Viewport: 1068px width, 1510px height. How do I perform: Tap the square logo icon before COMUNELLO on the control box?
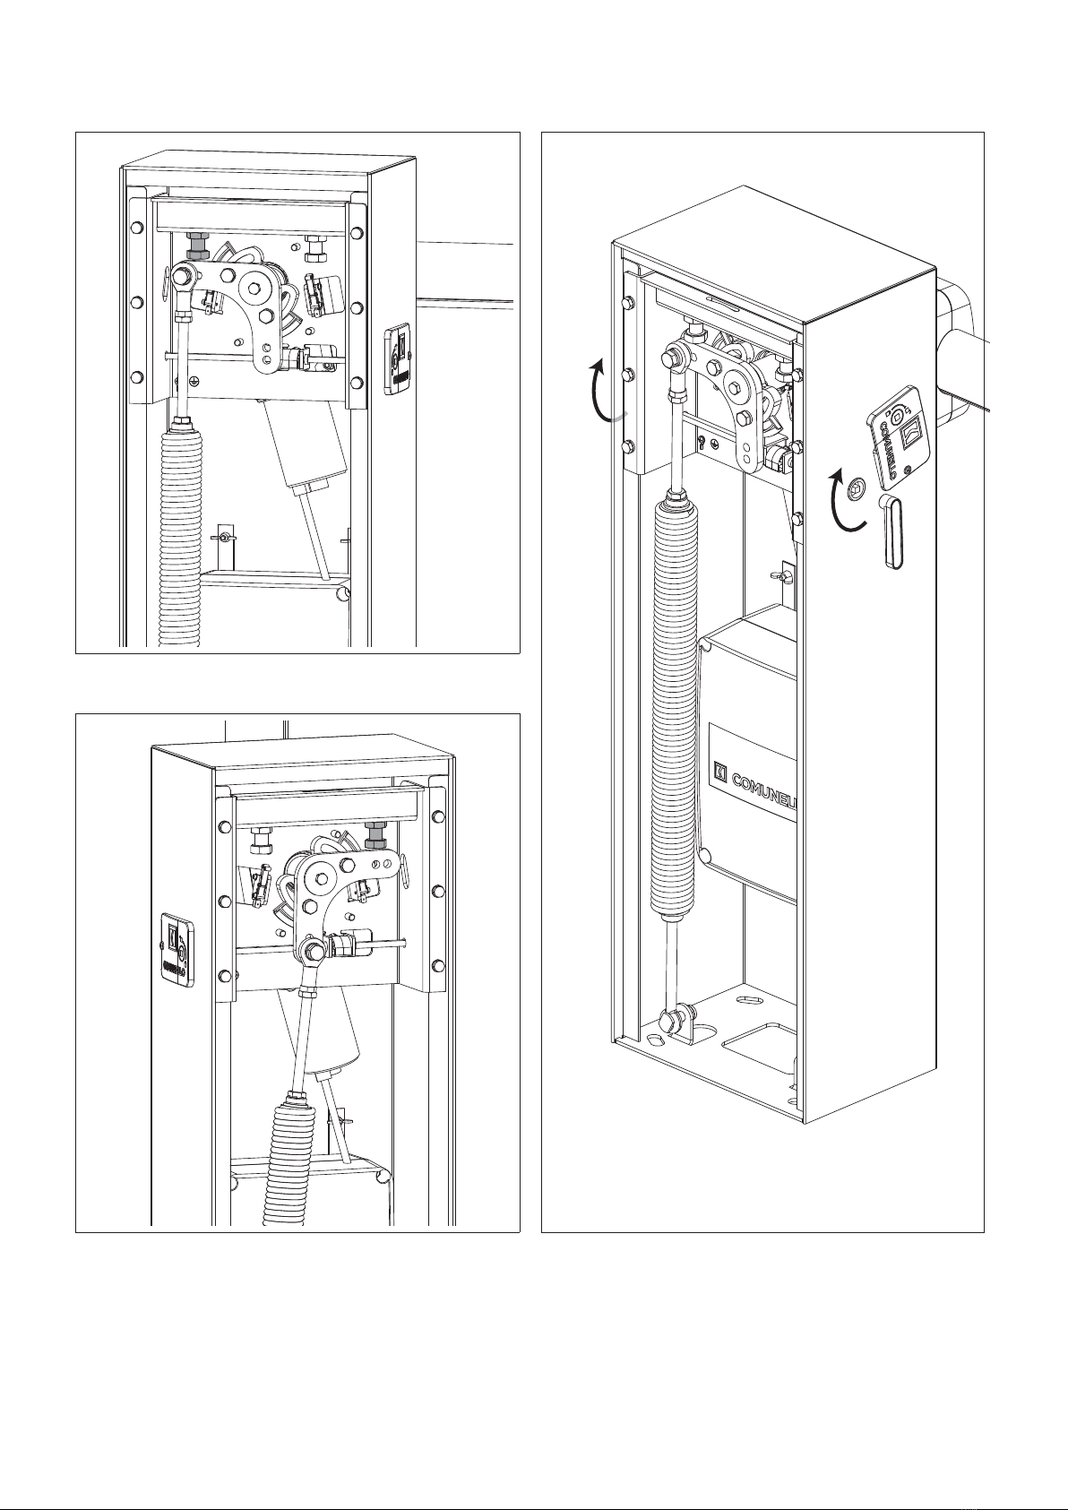point(719,769)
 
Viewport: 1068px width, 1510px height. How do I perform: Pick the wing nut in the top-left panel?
point(222,537)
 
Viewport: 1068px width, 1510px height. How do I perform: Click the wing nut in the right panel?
point(785,574)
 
